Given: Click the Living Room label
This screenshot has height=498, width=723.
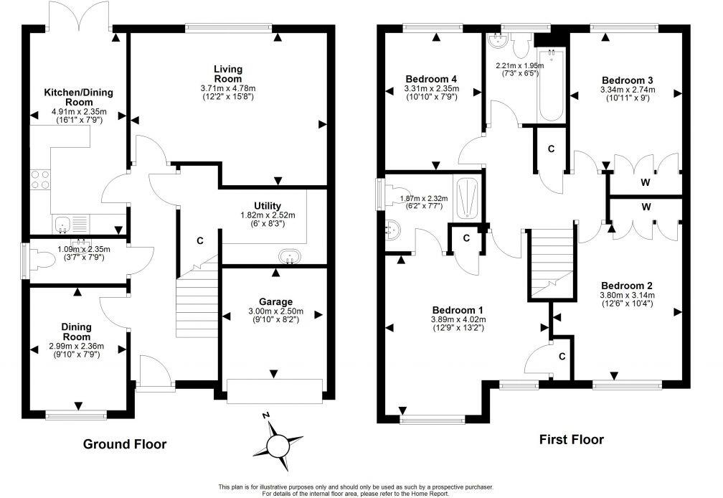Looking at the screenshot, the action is coord(228,74).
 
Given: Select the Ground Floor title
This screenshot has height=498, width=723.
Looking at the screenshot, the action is coord(125,444).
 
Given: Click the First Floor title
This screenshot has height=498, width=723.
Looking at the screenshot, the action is coord(571,439).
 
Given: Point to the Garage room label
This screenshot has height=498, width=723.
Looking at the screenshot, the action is coord(275,302).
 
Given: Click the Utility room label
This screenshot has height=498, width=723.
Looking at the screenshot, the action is coord(268,206).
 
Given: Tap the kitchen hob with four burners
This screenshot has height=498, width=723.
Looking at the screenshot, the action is coord(40,180).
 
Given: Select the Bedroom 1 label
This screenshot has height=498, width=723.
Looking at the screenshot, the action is coord(458,310).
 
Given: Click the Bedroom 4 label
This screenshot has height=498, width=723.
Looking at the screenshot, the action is coord(431,79).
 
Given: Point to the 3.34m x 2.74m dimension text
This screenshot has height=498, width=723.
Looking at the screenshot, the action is coord(628,90).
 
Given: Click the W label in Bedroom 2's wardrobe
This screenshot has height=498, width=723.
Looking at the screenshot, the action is coord(646,207).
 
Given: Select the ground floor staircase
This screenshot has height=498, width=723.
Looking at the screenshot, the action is coord(197,298).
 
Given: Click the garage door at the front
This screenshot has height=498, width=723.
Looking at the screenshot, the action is coord(274,392).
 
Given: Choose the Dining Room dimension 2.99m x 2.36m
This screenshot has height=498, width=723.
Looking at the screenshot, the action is coord(77,347).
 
